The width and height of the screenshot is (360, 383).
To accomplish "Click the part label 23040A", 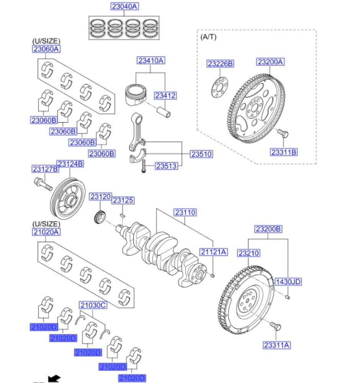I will pos(124,7).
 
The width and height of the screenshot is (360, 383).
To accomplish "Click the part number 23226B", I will pos(220,64).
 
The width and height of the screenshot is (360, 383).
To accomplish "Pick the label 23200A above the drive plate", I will pos(270,62).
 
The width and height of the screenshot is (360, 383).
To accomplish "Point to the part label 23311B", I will pos(284,152).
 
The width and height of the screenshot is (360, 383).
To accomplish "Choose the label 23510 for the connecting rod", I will pos(201,154).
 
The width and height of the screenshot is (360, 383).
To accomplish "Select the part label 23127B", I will pos(45,169).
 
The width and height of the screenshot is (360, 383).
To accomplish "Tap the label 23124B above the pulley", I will pos(70,164).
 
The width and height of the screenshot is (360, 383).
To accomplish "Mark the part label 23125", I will pos(123,200).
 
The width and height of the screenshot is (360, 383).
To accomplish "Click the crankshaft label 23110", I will pos(185,212).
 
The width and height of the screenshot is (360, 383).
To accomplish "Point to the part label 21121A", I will pos(213,252).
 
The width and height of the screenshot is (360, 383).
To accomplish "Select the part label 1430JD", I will pos(288,282).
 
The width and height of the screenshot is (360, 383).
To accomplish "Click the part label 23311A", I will pos(277,345).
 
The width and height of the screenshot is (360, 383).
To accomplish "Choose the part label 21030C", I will pos(93,305).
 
